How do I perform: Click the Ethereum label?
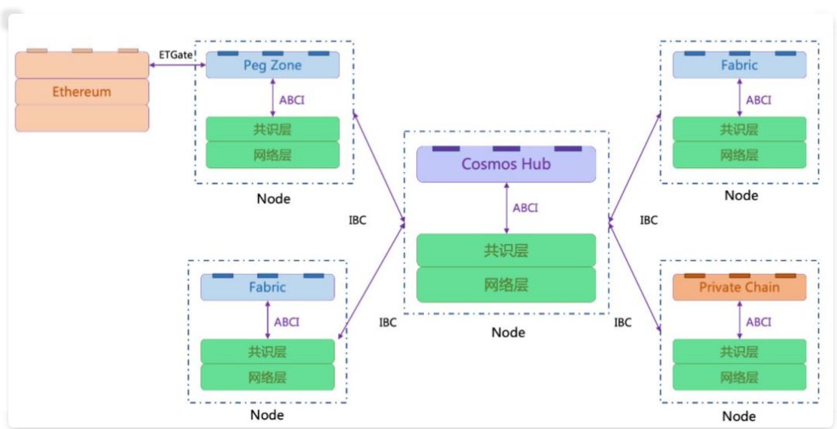(81, 92)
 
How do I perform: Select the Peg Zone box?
(273, 65)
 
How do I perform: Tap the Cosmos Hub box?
(506, 164)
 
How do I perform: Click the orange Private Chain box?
(739, 287)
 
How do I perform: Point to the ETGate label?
(176, 54)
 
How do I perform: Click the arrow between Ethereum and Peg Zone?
(177, 65)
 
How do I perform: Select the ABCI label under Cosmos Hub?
(525, 208)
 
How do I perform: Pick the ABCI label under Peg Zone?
(291, 100)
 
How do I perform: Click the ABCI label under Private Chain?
(759, 322)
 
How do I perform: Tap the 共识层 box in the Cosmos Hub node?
(506, 250)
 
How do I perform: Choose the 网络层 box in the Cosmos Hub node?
(506, 285)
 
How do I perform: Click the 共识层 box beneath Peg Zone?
(273, 129)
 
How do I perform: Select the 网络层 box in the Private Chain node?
(739, 377)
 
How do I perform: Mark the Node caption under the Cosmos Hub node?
(508, 332)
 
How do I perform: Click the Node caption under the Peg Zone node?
(274, 199)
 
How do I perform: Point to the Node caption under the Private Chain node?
(739, 416)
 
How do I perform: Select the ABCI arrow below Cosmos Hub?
(506, 208)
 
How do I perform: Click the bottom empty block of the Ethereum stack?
(81, 118)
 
